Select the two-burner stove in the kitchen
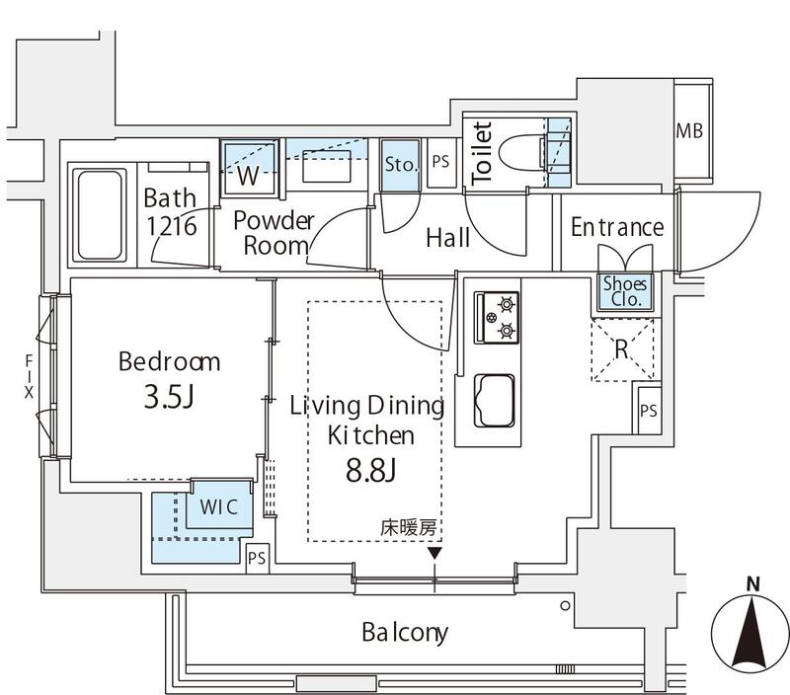[x=497, y=317]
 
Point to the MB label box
[x=690, y=131]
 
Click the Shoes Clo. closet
[x=626, y=292]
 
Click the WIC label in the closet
[x=218, y=508]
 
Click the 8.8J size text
[x=372, y=471]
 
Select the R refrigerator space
[x=621, y=349]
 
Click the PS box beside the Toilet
[x=440, y=164]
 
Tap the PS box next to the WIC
[x=257, y=558]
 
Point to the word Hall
[x=447, y=238]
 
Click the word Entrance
[x=617, y=228]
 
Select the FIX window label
[x=29, y=376]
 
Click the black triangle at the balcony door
[x=434, y=554]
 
